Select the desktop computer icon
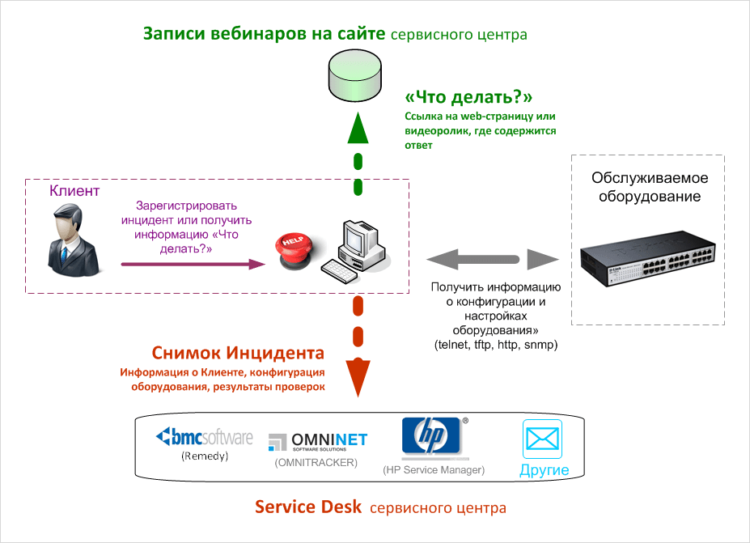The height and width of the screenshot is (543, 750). pos(356,246)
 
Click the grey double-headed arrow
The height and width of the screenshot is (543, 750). pos(493,260)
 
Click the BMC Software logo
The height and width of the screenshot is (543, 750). pos(204,438)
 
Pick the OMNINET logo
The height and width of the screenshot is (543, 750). pos(317,442)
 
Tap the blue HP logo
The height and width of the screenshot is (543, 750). pos(431,437)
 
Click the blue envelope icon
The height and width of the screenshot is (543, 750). pos(544,439)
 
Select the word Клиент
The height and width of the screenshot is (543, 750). pos(74,191)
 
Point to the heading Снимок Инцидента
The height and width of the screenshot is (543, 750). pos(239,354)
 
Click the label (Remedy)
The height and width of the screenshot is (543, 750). pos(205,456)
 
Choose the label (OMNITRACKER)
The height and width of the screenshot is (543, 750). pos(316,462)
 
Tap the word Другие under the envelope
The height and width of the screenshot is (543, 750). pos(544,470)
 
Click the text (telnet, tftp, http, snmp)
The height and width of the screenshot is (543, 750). pos(496,345)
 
